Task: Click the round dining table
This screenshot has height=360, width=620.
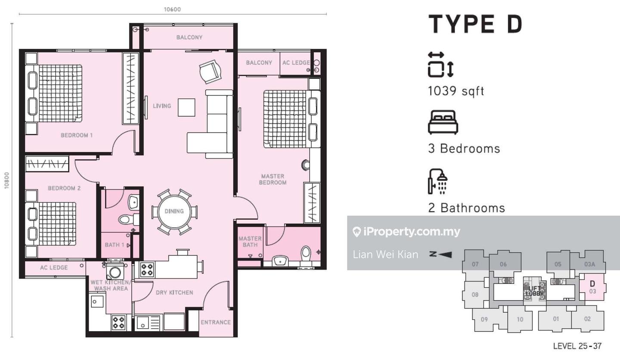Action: coord(174,211)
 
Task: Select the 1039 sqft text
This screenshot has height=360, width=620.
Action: coord(456,91)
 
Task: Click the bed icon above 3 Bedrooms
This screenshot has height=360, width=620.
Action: coord(443,122)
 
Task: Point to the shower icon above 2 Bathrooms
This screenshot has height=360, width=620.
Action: coord(438,181)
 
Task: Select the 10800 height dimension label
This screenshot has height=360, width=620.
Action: coord(6,180)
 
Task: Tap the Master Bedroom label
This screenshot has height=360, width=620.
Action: coord(273,179)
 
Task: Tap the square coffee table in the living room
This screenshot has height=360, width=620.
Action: coord(186,108)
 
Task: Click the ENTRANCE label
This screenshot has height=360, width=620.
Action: coord(215,322)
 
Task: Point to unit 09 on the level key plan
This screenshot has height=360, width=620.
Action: coord(484,320)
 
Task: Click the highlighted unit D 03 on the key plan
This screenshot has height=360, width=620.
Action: coord(592,287)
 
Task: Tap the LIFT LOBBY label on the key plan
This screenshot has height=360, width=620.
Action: coord(534,291)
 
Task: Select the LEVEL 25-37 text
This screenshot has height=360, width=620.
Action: coord(577,346)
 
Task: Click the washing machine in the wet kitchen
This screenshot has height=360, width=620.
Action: coord(115,272)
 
